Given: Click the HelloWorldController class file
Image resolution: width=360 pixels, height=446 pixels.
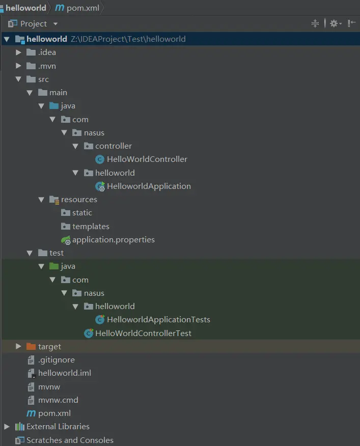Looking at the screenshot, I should [147, 159].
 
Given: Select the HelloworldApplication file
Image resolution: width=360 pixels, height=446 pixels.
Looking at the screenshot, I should [149, 186].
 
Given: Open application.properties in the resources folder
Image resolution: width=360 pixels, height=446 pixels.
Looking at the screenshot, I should [113, 240].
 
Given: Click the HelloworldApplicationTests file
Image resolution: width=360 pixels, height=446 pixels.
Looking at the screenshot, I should [158, 320].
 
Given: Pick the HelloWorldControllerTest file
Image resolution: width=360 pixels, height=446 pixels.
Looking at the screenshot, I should [143, 333].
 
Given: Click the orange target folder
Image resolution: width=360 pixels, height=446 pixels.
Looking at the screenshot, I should [49, 347].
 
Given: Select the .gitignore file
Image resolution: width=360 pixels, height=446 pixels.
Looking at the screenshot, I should [56, 360].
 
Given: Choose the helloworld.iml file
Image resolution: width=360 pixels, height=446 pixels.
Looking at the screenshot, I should [65, 373].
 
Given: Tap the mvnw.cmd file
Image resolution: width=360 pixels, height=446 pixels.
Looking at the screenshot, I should [58, 400].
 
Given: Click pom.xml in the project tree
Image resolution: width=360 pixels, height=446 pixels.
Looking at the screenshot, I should [54, 413].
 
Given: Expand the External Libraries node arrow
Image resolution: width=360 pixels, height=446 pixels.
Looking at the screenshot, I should [7, 427].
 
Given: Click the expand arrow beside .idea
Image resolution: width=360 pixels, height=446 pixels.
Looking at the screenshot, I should [19, 52].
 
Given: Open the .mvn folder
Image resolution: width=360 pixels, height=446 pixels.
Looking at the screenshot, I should [47, 66].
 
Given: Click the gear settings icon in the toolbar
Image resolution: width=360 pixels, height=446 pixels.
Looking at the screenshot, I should [334, 23].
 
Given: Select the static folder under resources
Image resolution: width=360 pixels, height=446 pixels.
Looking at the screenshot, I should [81, 213].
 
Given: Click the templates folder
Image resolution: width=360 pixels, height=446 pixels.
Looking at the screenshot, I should [91, 227].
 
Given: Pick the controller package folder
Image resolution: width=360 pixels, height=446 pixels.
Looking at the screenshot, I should [113, 146].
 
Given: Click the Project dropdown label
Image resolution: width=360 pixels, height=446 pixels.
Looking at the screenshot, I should [34, 24].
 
